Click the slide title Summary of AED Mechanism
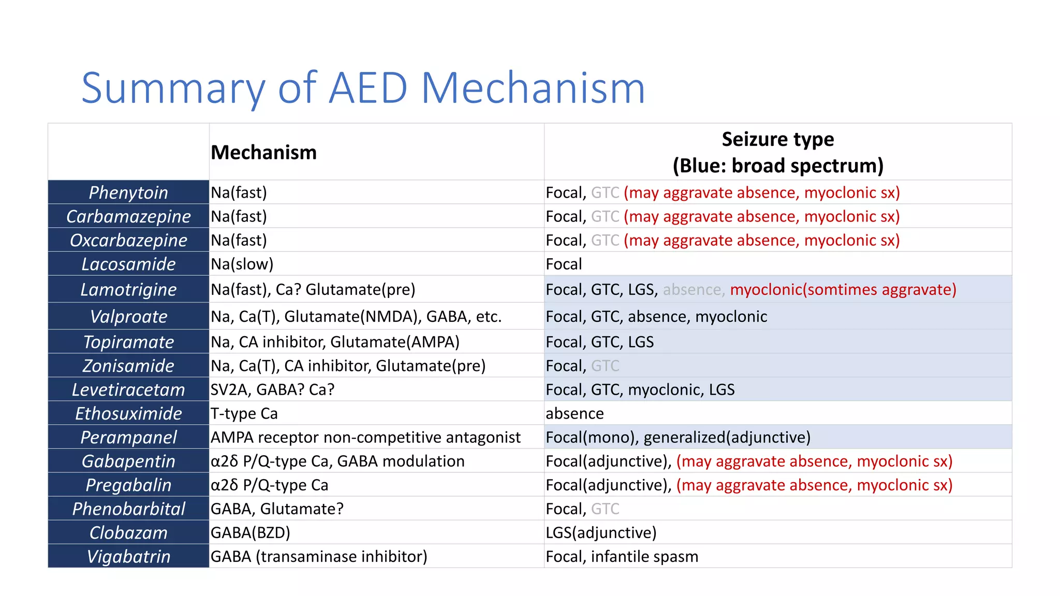(x=363, y=88)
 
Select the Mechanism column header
(x=263, y=153)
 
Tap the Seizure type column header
(x=777, y=152)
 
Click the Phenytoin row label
(x=128, y=192)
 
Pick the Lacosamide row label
(x=128, y=264)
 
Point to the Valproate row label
(x=128, y=316)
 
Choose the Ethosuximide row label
(x=128, y=413)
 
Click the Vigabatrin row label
(x=128, y=556)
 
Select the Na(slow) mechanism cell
(x=242, y=264)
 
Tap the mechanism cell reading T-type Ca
(x=244, y=413)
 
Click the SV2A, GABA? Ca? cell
(x=272, y=390)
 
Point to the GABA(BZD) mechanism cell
(x=250, y=532)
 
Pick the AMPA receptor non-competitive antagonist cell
(x=365, y=437)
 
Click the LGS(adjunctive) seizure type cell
(x=601, y=532)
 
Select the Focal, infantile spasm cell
(x=622, y=556)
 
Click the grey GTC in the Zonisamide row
(x=605, y=366)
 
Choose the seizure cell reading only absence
(x=575, y=413)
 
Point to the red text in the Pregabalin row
(x=814, y=485)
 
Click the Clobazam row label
(x=128, y=532)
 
